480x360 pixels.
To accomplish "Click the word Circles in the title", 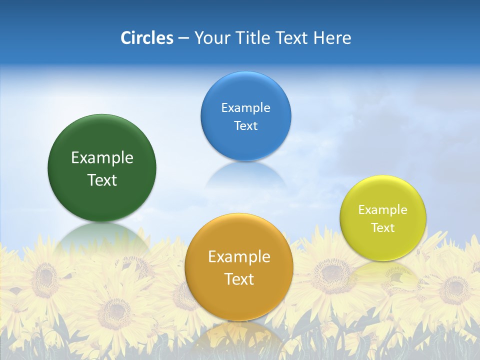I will [x=147, y=38].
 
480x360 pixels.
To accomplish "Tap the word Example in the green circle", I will [x=102, y=158].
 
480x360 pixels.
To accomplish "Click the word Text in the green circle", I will [x=102, y=180].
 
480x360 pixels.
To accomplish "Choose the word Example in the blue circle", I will [x=245, y=108].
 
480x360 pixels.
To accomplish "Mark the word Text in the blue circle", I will [x=245, y=125].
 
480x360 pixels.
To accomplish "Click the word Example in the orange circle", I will [x=239, y=257].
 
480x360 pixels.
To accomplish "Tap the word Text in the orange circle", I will [x=239, y=279].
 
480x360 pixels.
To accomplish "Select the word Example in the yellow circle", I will [x=382, y=210].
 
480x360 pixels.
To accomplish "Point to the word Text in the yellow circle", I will [x=382, y=228].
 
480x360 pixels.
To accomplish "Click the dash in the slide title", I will [x=183, y=38].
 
